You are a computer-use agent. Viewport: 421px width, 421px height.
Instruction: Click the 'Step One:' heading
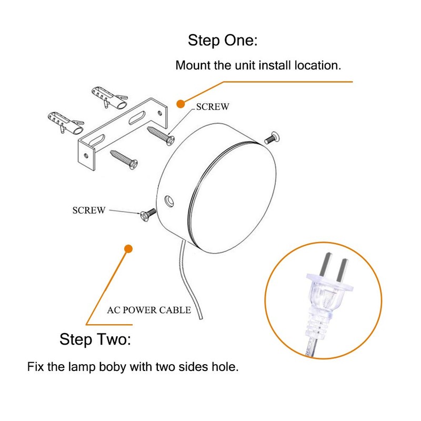click(x=223, y=41)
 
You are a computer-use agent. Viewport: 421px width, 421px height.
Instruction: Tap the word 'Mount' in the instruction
click(x=192, y=66)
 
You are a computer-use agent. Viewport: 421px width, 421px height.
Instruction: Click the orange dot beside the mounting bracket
click(x=180, y=103)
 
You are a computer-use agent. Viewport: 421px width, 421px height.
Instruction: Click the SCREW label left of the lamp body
click(x=88, y=210)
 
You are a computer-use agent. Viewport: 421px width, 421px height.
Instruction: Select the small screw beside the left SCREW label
click(x=147, y=214)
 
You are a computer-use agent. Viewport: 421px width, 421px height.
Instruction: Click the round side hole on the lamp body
click(x=169, y=201)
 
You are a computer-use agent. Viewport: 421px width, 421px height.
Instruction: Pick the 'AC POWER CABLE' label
click(x=149, y=310)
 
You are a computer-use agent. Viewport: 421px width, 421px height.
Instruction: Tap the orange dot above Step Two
click(x=127, y=248)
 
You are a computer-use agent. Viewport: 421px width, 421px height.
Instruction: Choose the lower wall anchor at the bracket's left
click(x=66, y=122)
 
